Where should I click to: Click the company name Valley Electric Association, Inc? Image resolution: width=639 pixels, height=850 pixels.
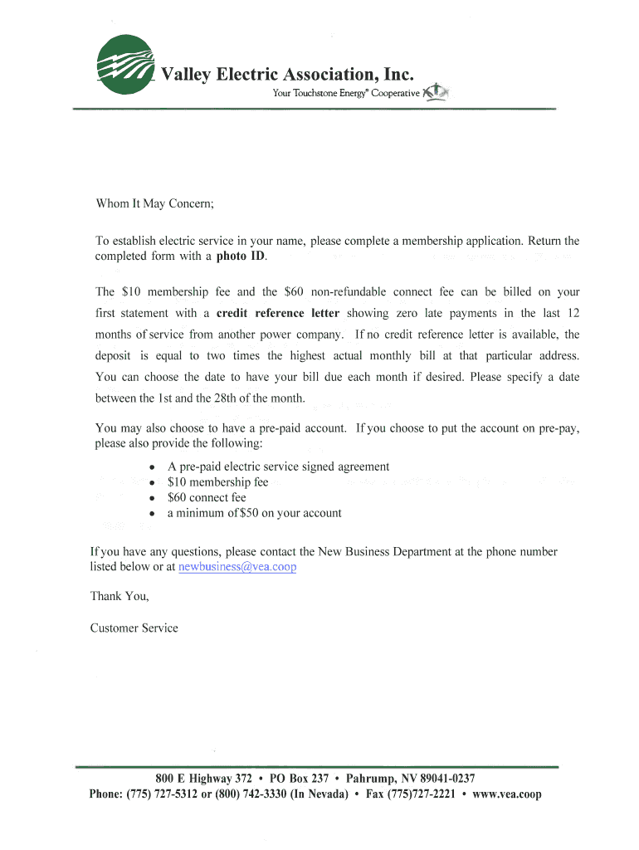point(286,76)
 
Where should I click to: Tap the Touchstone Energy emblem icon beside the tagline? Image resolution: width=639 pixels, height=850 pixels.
point(435,92)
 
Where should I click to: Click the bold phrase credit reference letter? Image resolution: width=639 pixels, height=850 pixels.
point(278,314)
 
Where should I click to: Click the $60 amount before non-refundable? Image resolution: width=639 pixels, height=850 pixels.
point(294,292)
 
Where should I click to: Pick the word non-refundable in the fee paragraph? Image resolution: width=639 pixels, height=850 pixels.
point(348,292)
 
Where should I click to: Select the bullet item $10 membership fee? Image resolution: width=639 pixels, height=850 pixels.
point(217,482)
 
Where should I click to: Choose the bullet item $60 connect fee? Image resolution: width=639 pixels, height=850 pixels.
point(207,498)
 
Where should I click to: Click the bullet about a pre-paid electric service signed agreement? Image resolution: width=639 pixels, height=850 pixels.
point(278,467)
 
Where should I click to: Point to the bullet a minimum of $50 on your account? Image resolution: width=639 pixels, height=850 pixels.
point(254,513)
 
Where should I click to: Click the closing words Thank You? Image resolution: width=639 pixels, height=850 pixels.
point(120,596)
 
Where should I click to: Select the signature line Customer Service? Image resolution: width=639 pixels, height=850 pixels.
point(134,628)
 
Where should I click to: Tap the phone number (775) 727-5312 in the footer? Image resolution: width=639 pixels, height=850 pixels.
point(162,794)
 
